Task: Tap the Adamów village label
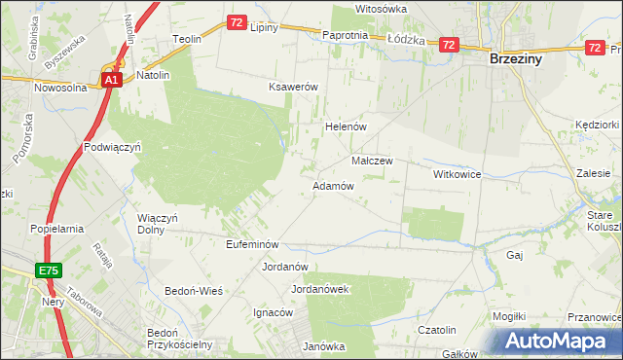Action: (332, 185)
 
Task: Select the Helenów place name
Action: (344, 126)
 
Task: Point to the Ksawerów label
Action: (294, 87)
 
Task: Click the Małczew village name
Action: (371, 161)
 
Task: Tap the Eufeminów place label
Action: (253, 244)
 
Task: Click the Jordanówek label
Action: (320, 289)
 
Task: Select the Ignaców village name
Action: (274, 312)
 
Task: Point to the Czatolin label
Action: (437, 331)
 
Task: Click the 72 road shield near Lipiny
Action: (238, 21)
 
